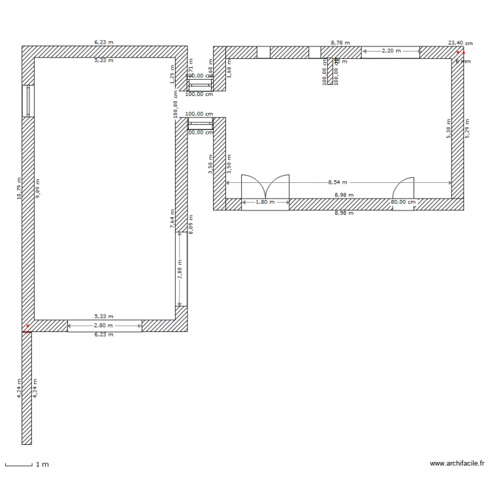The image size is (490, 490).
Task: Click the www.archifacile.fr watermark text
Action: tap(457, 463)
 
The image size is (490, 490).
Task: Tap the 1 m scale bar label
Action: tap(42, 465)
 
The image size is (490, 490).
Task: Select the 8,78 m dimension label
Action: tap(340, 42)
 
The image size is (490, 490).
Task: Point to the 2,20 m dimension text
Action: tap(391, 50)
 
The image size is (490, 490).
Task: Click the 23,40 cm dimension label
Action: tap(460, 42)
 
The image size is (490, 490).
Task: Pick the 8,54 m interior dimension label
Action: tap(337, 183)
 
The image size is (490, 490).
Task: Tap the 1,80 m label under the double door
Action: tap(265, 203)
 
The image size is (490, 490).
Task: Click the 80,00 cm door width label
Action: tap(402, 203)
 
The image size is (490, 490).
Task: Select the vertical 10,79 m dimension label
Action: tap(19, 188)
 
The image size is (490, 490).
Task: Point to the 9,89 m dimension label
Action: tap(37, 188)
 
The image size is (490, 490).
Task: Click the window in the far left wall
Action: tap(27, 101)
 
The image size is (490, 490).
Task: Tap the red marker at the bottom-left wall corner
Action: tap(27, 327)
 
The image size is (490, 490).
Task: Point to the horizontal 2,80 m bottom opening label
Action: tap(104, 325)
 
